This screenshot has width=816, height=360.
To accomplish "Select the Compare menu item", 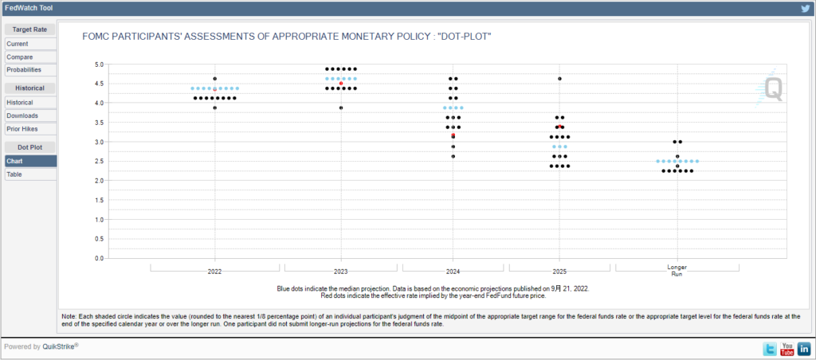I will pyautogui.click(x=20, y=57).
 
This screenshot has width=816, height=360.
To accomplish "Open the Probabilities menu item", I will pyautogui.click(x=24, y=70).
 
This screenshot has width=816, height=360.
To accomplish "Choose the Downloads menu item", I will pyautogui.click(x=22, y=115).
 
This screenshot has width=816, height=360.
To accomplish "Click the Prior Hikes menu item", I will pyautogui.click(x=22, y=129).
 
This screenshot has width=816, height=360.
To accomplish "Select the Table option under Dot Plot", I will pyautogui.click(x=15, y=174).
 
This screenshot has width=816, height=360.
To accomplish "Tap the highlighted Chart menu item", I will pyautogui.click(x=15, y=161).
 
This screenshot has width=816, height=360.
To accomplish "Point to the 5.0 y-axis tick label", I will pyautogui.click(x=99, y=64).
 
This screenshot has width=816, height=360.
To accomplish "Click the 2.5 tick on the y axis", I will pyautogui.click(x=99, y=161).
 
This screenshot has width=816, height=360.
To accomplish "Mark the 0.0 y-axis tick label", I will pyautogui.click(x=99, y=259).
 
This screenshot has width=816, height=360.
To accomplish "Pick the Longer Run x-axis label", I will pyautogui.click(x=677, y=270).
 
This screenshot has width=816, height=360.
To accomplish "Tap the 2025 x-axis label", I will pyautogui.click(x=559, y=272).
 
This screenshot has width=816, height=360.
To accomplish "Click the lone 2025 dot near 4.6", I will pyautogui.click(x=560, y=79).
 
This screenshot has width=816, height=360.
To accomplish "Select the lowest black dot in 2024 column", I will pyautogui.click(x=453, y=156).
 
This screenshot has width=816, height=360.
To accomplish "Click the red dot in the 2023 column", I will pyautogui.click(x=341, y=84).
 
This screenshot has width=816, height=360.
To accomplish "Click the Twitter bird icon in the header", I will pyautogui.click(x=806, y=8).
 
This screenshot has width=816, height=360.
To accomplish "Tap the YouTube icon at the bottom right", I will pyautogui.click(x=787, y=349).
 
